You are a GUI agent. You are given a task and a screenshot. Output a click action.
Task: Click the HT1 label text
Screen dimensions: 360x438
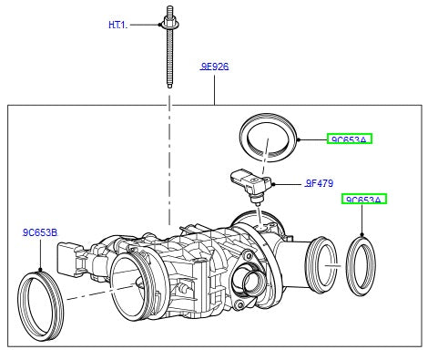coord(117,26)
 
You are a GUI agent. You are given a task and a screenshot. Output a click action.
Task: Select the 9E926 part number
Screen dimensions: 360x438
coord(215,67)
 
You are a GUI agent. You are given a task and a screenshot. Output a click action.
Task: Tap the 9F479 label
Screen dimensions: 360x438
coord(320,183)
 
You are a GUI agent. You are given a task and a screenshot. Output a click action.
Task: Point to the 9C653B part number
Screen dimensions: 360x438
coord(40,232)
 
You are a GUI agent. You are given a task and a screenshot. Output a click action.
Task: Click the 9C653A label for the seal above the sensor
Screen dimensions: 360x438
coord(350,139)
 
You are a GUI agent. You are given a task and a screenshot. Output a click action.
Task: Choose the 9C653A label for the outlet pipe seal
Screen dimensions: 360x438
coord(364,199)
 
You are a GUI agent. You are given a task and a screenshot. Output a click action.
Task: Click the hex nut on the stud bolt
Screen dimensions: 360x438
coord(169,20)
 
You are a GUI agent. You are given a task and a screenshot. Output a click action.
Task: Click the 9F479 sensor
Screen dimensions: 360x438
coord(251,183)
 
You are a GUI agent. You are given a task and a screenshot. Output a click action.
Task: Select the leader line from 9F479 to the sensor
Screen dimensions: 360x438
coord(287,185)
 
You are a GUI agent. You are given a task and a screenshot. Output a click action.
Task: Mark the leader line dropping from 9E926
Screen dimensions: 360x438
coord(215,88)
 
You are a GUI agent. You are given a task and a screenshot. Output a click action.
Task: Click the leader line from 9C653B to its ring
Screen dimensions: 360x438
coord(40,252)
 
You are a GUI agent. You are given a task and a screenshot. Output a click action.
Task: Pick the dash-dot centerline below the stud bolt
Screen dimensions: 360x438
coord(169,164)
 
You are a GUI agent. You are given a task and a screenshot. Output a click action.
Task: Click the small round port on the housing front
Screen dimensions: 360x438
coord(247,277)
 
